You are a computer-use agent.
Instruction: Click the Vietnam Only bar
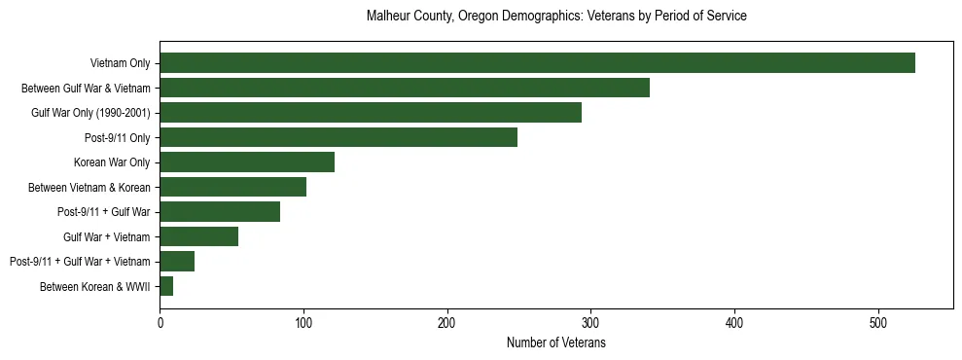537,63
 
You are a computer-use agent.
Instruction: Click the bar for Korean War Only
247,162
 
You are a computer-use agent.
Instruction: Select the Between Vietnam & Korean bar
233,187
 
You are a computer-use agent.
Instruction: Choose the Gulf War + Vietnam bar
199,236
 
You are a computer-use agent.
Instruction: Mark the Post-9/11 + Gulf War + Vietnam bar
177,261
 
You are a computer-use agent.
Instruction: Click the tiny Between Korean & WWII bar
166,286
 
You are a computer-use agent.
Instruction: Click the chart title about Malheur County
556,17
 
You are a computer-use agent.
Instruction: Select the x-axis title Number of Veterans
556,342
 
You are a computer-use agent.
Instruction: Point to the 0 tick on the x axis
160,322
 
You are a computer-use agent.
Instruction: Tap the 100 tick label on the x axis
303,322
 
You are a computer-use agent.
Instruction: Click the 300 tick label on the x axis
590,322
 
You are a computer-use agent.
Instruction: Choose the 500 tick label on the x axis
878,322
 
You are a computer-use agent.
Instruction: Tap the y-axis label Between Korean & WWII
94,286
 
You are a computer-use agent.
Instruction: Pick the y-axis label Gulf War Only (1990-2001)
90,113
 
